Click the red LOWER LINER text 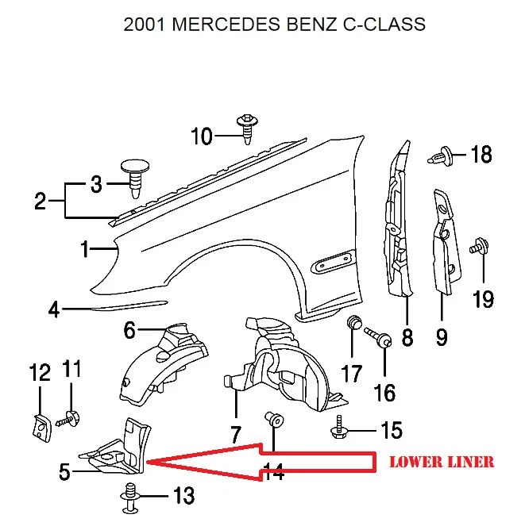click(441, 462)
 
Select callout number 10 click(202, 136)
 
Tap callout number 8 click(407, 338)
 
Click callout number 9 click(442, 338)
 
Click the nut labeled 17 click(355, 324)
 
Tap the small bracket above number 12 click(39, 426)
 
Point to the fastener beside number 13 click(127, 497)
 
